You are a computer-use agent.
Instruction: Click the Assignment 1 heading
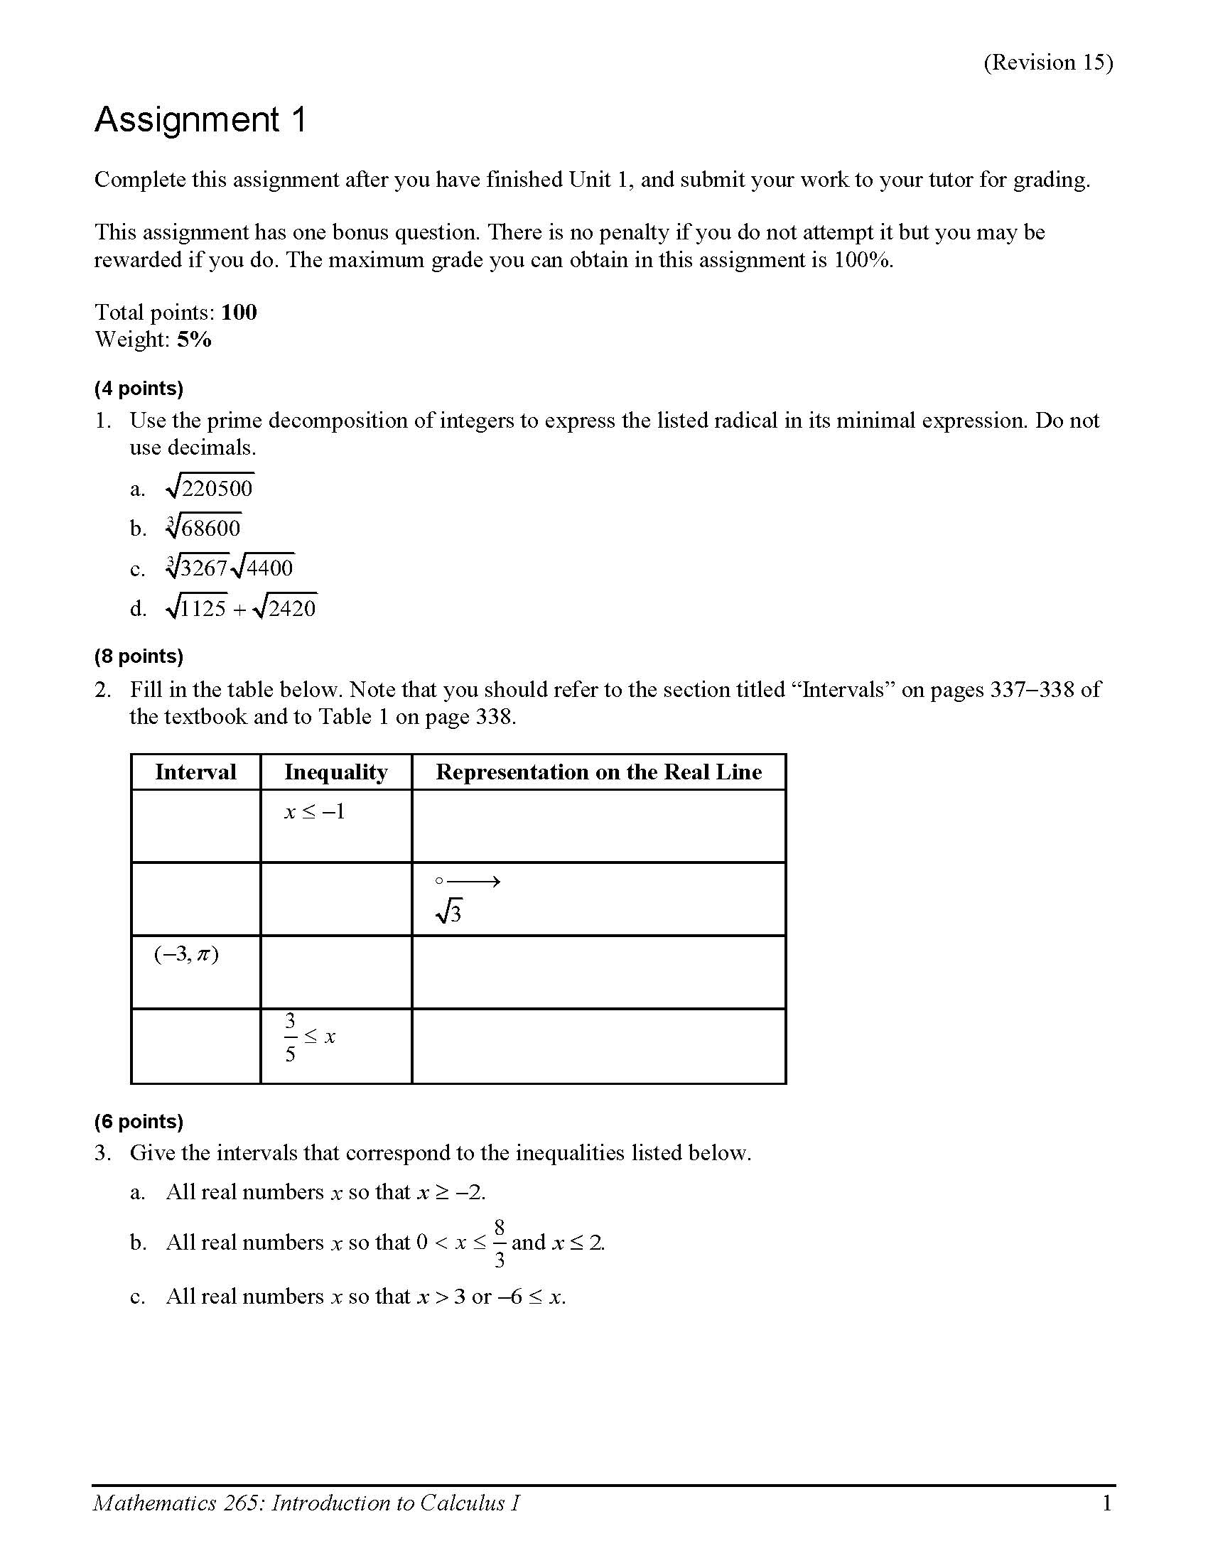pyautogui.click(x=200, y=119)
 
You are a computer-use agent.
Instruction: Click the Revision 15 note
pyautogui.click(x=1047, y=63)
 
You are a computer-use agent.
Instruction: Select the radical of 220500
pyautogui.click(x=210, y=488)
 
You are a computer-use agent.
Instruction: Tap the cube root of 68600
pyautogui.click(x=204, y=528)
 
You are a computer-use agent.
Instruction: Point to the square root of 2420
pyautogui.click(x=286, y=608)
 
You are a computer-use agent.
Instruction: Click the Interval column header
pyautogui.click(x=195, y=772)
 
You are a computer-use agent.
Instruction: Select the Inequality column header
pyautogui.click(x=335, y=772)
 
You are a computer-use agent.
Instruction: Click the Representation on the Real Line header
pyautogui.click(x=598, y=772)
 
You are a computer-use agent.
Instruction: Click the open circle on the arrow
pyautogui.click(x=439, y=881)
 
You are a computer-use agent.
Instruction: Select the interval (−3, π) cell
pyautogui.click(x=186, y=954)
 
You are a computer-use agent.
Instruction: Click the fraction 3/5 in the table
pyautogui.click(x=290, y=1037)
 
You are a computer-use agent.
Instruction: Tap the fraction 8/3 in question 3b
pyautogui.click(x=499, y=1243)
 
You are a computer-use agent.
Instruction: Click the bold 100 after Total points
pyautogui.click(x=239, y=312)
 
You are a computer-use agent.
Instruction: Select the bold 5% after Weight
pyautogui.click(x=195, y=339)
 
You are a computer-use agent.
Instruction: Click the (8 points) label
pyautogui.click(x=139, y=656)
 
